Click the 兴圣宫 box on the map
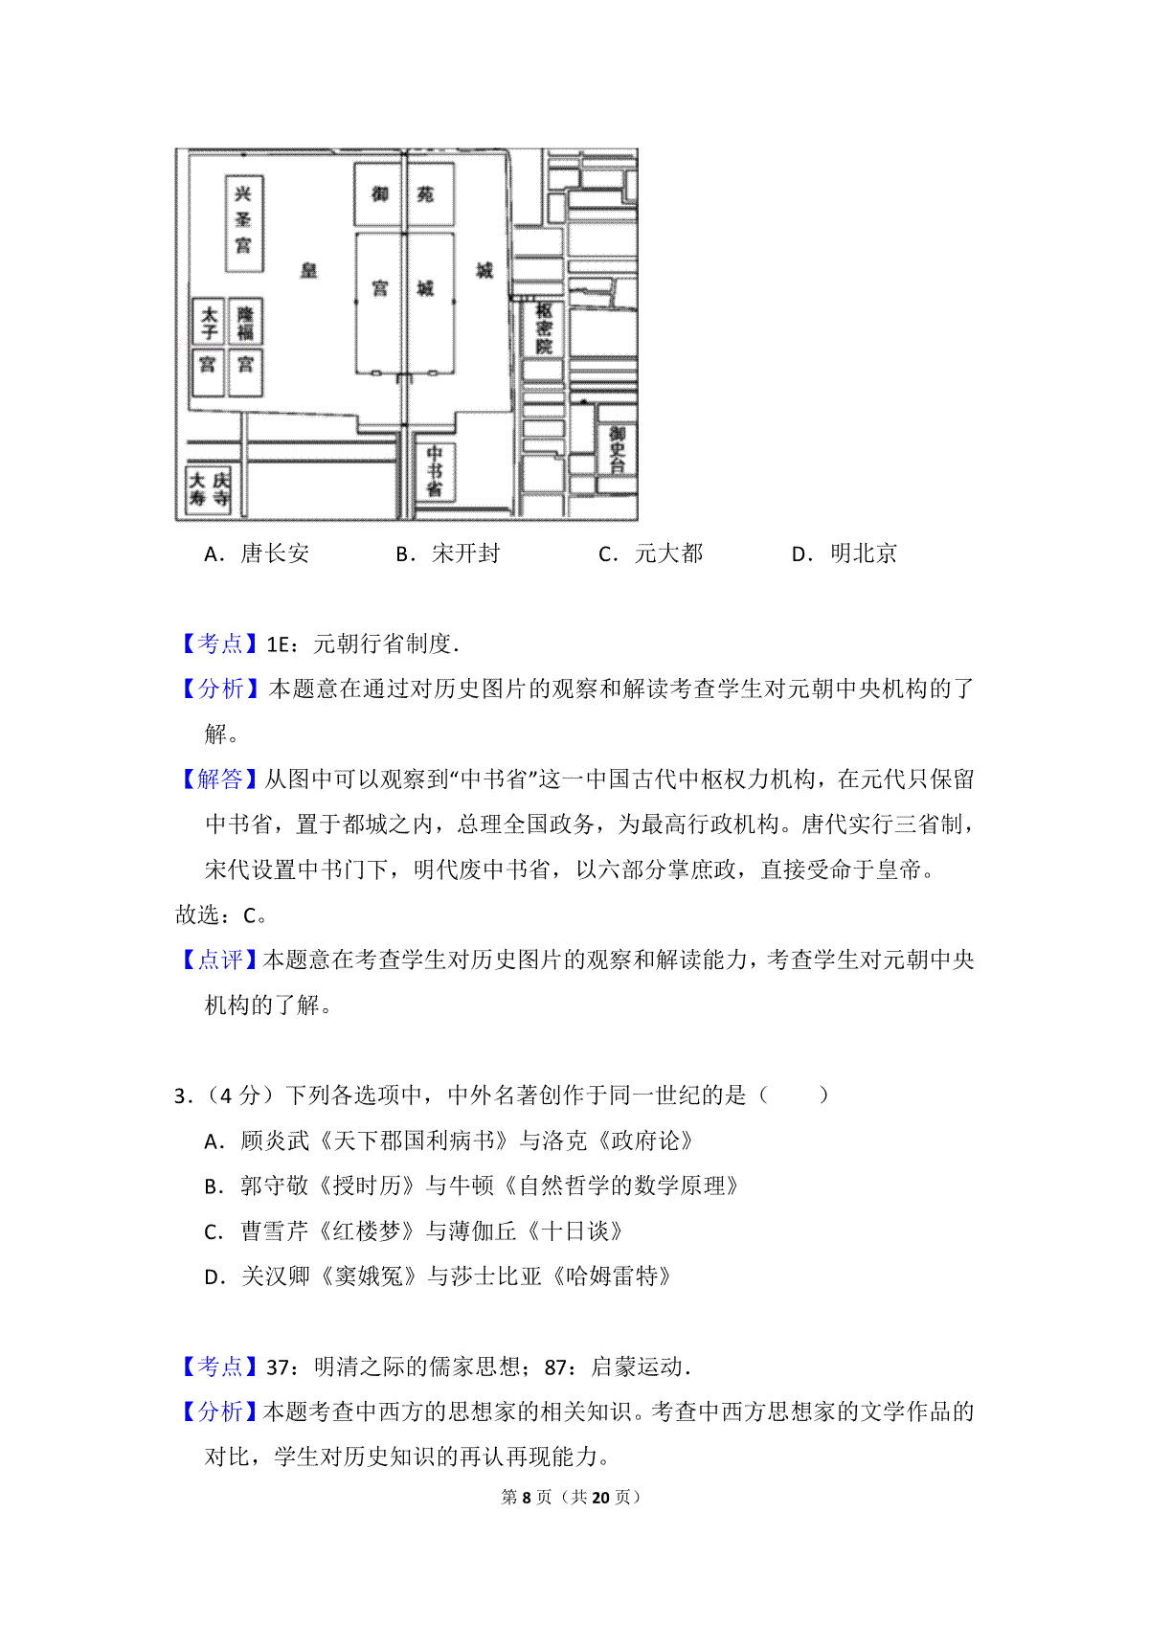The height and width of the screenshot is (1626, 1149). pos(244,223)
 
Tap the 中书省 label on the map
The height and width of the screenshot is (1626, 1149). pos(434,471)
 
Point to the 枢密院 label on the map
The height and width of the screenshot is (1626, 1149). pos(544,328)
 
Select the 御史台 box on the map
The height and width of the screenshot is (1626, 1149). pos(617,448)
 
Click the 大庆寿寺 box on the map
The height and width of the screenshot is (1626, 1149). pos(209,490)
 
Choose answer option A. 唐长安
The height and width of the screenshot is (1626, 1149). pos(257,553)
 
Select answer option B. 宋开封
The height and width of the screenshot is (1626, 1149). pos(448,553)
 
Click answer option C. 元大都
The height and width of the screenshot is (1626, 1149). pos(651,553)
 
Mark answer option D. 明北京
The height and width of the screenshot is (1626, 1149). pos(845,553)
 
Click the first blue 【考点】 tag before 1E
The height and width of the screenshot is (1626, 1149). pos(219,644)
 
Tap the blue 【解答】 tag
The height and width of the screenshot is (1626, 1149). pos(219,779)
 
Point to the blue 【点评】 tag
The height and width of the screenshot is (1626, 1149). pos(219,960)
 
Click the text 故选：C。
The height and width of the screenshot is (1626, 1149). pos(222,915)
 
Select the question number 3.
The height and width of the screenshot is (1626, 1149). pos(183,1095)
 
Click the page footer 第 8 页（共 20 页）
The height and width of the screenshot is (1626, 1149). pos(571,1497)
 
